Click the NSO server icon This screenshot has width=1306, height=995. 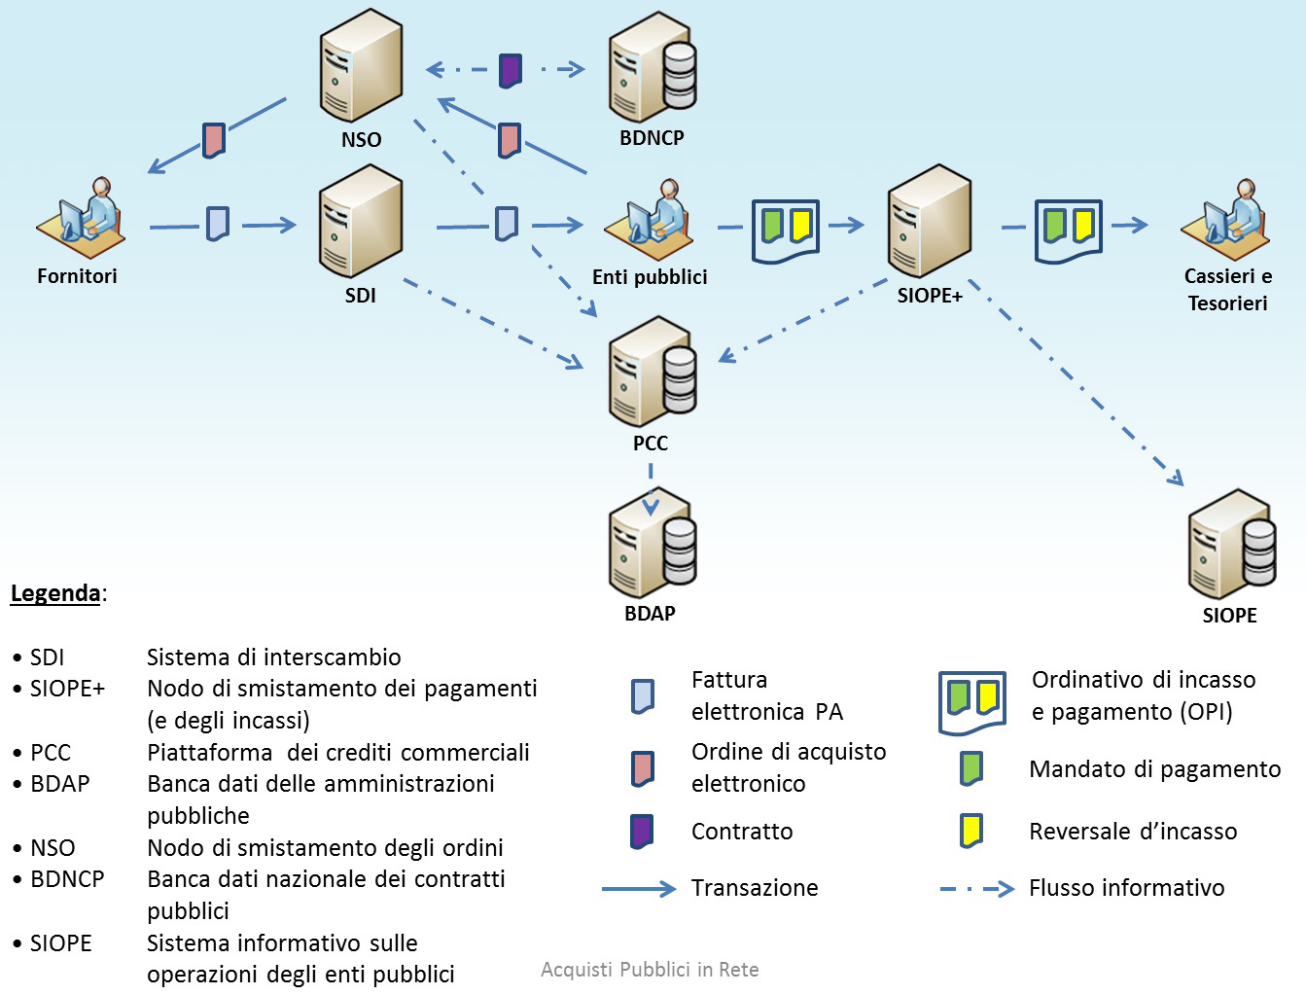pyautogui.click(x=361, y=65)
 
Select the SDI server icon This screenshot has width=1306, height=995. pyautogui.click(x=360, y=222)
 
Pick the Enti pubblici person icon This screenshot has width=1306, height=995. pyautogui.click(x=649, y=223)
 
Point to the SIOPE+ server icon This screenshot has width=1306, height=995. pyautogui.click(x=929, y=221)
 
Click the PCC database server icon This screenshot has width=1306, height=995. pyautogui.click(x=652, y=373)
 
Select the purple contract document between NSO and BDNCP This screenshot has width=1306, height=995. pyautogui.click(x=511, y=70)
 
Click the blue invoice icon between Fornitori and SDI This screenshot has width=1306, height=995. pyautogui.click(x=218, y=224)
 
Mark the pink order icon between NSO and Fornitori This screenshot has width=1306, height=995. pyautogui.click(x=214, y=139)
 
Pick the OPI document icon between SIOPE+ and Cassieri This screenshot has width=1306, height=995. pyautogui.click(x=1069, y=229)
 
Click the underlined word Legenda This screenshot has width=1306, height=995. pyautogui.click(x=55, y=593)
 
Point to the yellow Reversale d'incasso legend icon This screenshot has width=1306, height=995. pyautogui.click(x=971, y=831)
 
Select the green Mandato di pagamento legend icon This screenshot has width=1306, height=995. pyautogui.click(x=971, y=768)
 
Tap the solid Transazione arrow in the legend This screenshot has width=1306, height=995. pyautogui.click(x=638, y=888)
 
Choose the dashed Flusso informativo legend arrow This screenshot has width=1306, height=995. pyautogui.click(x=976, y=888)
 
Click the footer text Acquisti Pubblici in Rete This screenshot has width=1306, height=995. pyautogui.click(x=650, y=970)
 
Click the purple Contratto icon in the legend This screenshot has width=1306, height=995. pyautogui.click(x=642, y=832)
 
